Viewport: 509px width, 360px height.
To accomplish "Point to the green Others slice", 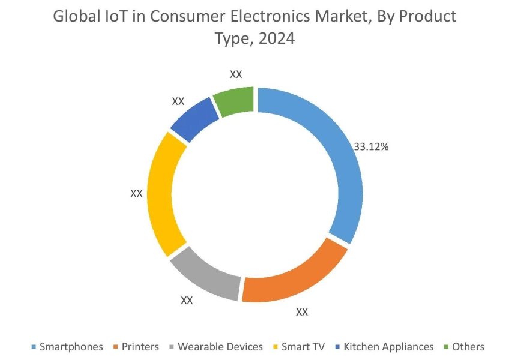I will [235, 101].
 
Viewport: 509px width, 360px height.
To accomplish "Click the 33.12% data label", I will [371, 146].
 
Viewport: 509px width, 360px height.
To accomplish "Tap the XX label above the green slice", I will [236, 74].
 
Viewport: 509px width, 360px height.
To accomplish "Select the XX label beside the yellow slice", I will [136, 194].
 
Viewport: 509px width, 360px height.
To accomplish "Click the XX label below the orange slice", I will [302, 312].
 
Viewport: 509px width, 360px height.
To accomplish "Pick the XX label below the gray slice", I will [187, 300].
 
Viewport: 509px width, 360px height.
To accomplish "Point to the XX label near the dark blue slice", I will [178, 101].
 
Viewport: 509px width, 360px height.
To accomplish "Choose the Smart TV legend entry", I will [303, 347].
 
